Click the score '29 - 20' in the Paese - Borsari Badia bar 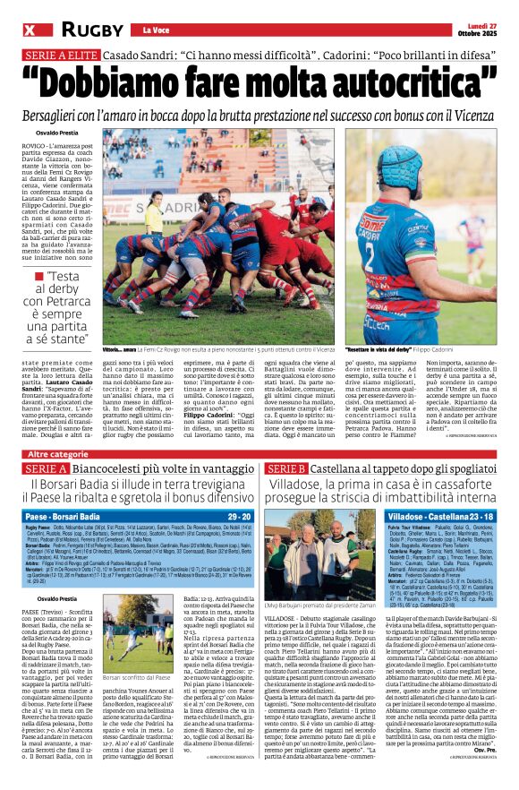coord(239,518)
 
